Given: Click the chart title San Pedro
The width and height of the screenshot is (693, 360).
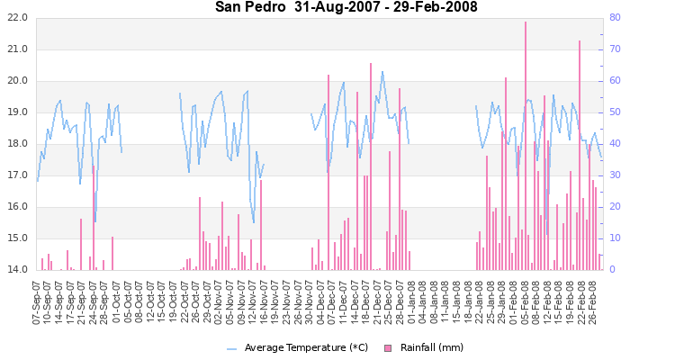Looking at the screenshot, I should pos(247,7).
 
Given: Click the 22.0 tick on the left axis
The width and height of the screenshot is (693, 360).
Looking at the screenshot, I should pos(16,18).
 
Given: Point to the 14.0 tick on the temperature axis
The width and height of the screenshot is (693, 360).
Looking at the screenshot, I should pos(16,269).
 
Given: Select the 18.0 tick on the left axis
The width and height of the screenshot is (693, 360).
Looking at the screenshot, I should pos(16,144).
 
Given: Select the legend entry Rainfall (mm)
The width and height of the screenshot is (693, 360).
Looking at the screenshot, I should pos(432,347).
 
